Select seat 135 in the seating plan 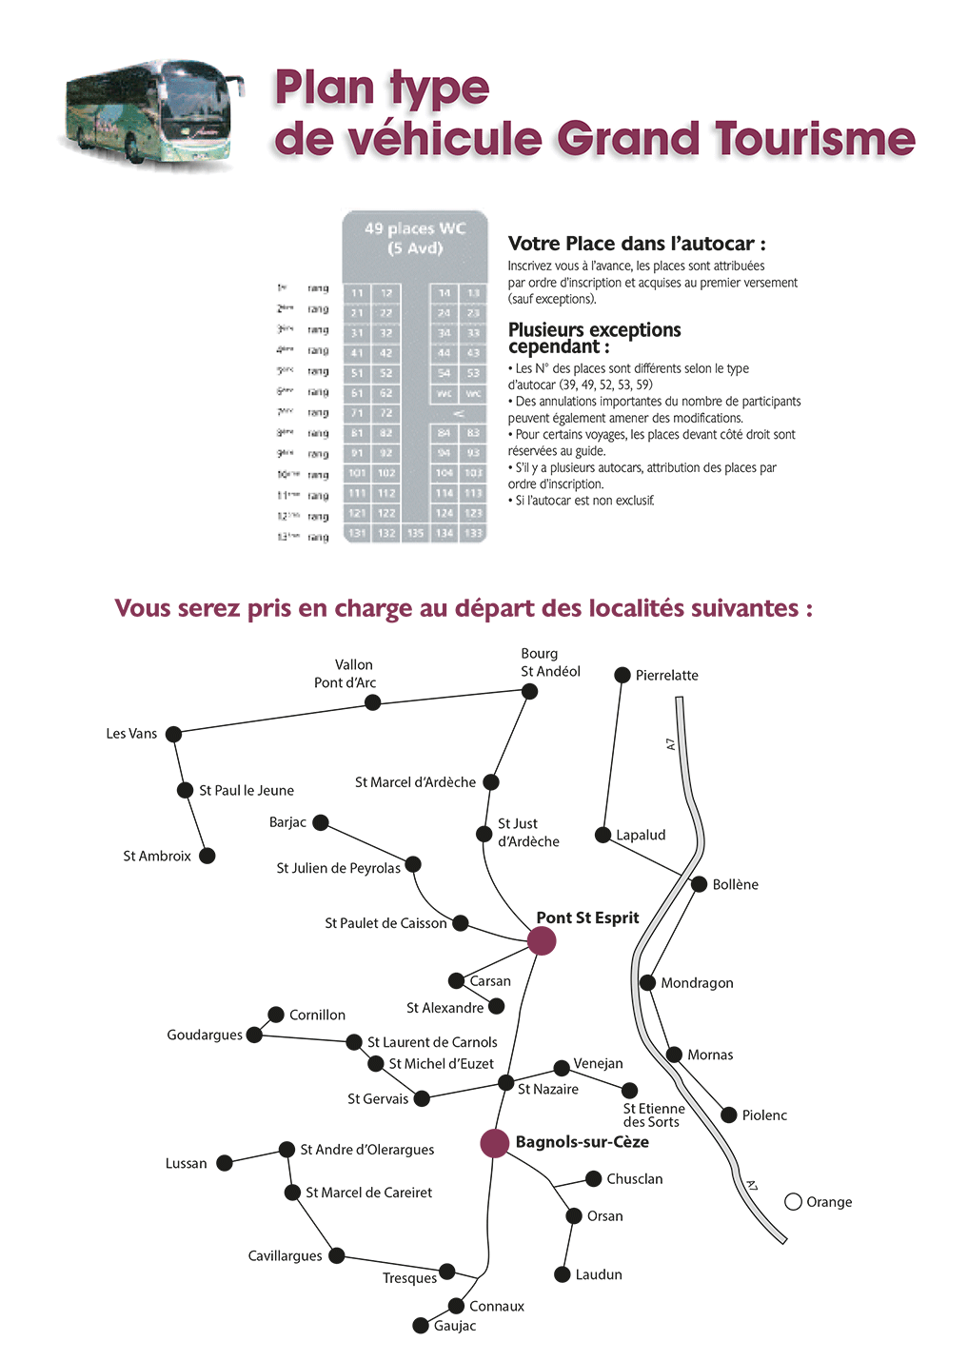point(415,534)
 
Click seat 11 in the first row point(357,293)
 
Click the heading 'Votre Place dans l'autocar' point(636,244)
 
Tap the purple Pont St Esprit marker point(542,940)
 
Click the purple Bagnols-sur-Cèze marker point(495,1143)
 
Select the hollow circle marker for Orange point(793,1202)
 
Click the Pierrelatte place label point(666,676)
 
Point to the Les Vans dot point(173,734)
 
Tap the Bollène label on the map point(735,885)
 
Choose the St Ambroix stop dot point(207,856)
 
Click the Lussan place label point(186,1164)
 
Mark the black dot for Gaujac point(421,1325)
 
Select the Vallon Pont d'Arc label point(347,674)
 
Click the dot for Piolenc point(729,1114)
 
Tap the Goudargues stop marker point(254,1035)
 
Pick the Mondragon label point(697,983)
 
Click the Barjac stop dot point(321,822)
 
